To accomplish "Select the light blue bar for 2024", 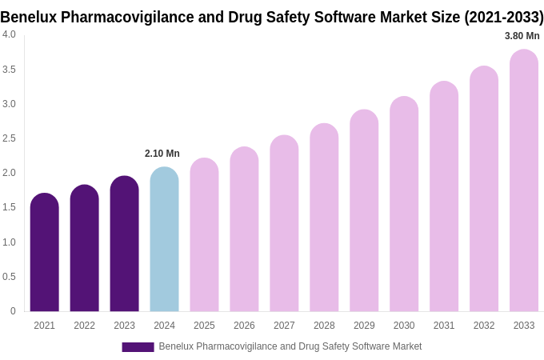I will coord(164,240).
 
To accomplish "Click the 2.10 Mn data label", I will coord(162,154).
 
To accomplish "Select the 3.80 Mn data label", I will coord(522,36).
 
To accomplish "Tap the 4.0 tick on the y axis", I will coord(9,34).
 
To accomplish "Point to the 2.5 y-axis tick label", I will coord(9,138).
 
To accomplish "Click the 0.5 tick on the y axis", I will coord(9,277).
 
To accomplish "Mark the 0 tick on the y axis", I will coord(13,311).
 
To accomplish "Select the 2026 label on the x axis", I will coord(244,326).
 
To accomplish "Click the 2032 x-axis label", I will coord(484,326).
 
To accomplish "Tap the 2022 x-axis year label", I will coord(84,326).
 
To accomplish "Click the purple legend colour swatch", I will coord(138,347).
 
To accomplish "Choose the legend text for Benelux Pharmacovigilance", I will coord(290,346).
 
